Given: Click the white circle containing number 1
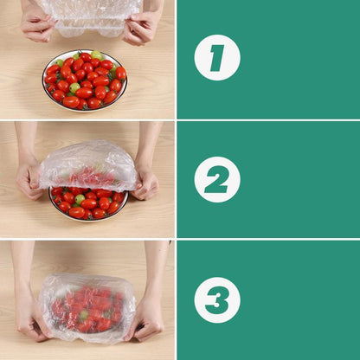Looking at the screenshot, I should coord(216,58).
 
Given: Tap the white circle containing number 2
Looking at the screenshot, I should coord(216,179).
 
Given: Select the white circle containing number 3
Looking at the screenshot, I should coord(216,299).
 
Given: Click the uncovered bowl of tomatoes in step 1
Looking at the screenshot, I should coord(85,80).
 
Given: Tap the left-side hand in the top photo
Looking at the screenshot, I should coord(36,25).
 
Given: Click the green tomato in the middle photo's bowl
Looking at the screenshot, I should coord(80,199).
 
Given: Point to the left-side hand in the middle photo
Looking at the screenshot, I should coord(29,179).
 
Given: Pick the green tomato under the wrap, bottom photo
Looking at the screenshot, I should coord(84,317).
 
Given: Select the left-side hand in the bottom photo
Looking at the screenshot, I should coord(31,324).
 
